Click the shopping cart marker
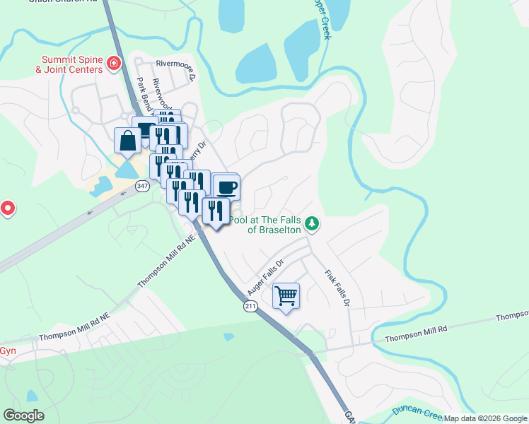click(286, 296)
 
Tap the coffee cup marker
click(226, 188)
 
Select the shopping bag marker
click(127, 141)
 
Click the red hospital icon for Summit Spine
click(112, 65)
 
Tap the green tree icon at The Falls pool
click(312, 225)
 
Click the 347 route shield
click(143, 186)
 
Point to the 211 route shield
click(250, 306)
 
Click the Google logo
click(24, 416)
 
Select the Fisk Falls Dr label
click(337, 288)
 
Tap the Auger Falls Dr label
click(265, 277)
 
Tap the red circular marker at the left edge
click(7, 208)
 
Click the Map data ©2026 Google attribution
click(485, 418)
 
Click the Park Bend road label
click(141, 95)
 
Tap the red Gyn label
click(7, 351)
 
